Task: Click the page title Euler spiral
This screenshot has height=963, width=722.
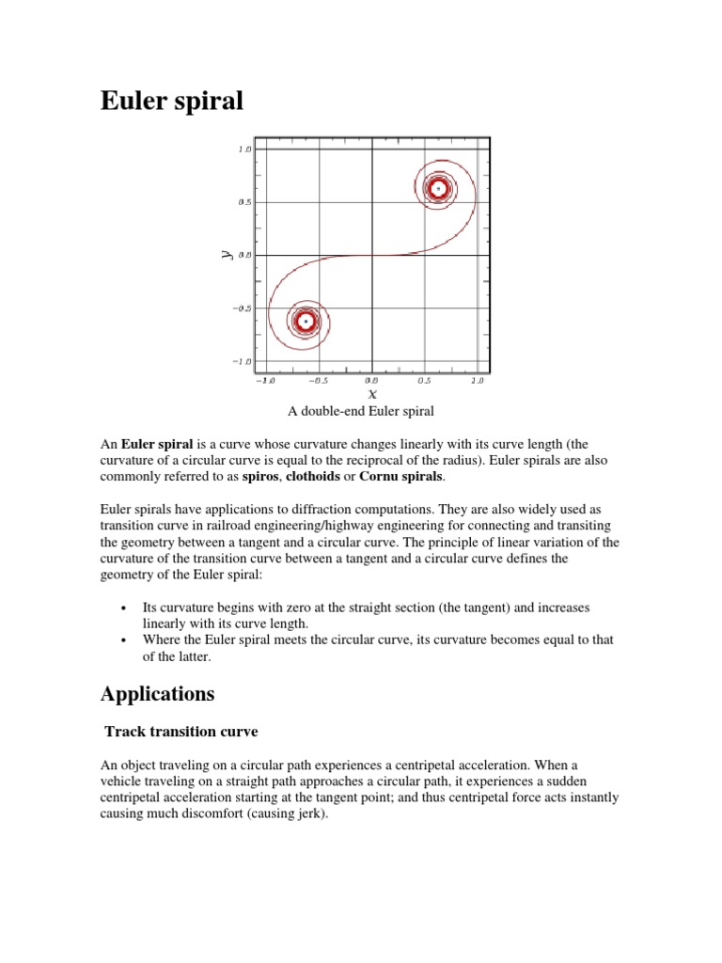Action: coord(172,100)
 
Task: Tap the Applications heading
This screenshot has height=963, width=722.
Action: coord(158,694)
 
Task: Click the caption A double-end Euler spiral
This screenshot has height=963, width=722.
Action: coord(361,411)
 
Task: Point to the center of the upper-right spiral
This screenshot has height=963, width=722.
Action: coord(437,188)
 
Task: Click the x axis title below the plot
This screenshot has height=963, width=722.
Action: coord(372,394)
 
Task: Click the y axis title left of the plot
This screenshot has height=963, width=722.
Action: coord(227,254)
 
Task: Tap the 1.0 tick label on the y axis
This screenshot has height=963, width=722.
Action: coord(244,150)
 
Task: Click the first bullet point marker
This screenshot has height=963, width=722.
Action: coord(124,608)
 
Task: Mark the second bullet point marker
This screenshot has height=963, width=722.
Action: coord(124,640)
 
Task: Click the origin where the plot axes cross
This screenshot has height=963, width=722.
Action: coord(372,255)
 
